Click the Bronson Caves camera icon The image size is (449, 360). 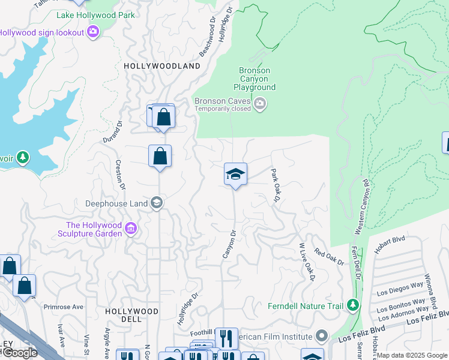point(260,104)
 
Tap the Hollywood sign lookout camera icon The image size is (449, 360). point(93,31)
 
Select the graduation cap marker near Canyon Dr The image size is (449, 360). point(235,175)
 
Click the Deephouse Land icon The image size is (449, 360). point(156,203)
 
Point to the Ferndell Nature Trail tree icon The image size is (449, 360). point(353,306)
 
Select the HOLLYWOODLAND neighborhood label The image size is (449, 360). point(161,66)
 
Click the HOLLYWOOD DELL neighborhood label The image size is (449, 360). point(131,316)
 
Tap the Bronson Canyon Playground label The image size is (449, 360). point(255,79)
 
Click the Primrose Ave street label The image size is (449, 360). point(63,307)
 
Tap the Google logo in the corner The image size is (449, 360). point(19,353)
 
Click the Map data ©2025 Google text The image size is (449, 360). point(412,355)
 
